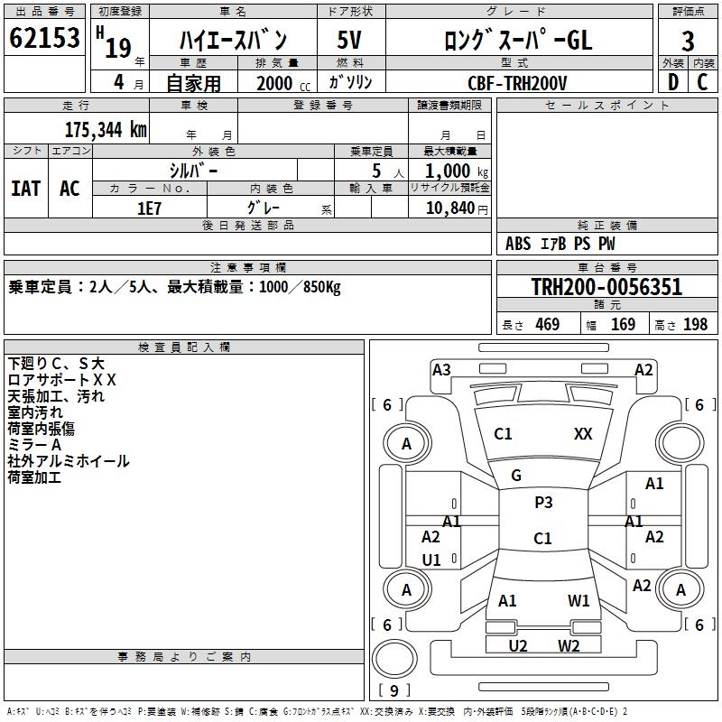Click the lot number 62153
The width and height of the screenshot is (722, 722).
44,38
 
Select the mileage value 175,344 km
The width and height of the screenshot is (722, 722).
106,130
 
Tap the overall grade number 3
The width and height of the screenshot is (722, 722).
688,42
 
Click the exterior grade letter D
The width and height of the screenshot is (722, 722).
672,82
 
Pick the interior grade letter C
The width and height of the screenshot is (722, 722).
702,82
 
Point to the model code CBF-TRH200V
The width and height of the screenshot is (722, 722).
517,83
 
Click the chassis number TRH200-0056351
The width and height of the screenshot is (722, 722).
606,287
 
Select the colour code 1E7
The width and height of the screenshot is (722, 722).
149,208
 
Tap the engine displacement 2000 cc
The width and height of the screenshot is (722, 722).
283,83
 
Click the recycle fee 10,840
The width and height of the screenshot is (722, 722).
450,208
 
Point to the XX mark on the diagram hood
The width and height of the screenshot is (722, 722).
583,434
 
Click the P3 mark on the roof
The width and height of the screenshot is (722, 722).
543,503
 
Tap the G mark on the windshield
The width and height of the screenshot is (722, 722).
516,476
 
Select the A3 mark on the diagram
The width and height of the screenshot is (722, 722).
441,370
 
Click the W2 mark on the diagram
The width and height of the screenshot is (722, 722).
569,645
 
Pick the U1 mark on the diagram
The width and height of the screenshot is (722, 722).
431,560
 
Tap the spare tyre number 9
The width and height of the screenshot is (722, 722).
394,690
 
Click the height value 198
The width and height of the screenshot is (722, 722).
695,325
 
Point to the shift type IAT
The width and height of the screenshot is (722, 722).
26,189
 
